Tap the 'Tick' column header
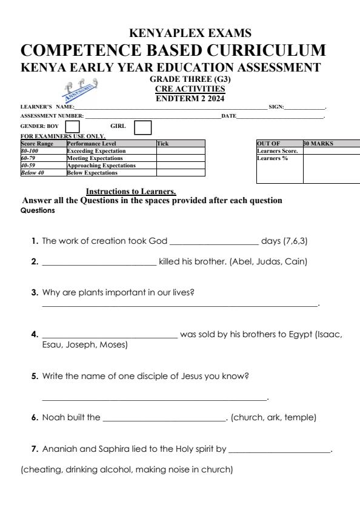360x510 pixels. (162, 144)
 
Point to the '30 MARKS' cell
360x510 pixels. (318, 144)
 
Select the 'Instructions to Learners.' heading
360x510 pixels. (131, 192)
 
